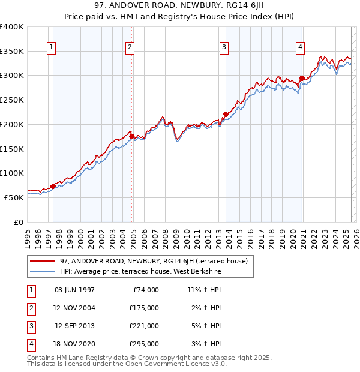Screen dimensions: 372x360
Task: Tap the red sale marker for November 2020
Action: pos(302,77)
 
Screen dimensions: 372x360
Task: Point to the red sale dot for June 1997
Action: pos(53,186)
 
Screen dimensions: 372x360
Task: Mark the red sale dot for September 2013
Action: pos(226,114)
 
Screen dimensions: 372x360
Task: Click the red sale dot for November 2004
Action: pos(132,136)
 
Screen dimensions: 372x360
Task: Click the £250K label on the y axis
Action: pos(12,100)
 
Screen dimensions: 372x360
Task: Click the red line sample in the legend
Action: pos(43,261)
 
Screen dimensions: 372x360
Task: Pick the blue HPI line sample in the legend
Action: pos(43,271)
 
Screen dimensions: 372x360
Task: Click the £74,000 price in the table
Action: pos(144,290)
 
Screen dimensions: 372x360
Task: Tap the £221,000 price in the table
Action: pos(144,326)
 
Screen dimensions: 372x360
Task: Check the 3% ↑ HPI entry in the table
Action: pos(204,344)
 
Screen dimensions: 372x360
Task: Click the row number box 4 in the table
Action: pos(31,344)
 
